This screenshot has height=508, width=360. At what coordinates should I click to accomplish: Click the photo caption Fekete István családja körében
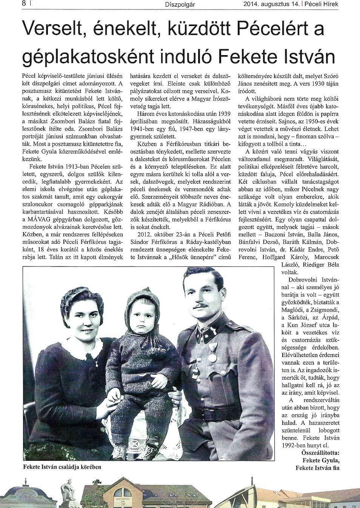[62, 467]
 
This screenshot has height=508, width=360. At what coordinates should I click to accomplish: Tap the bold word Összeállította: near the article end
[320, 452]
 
